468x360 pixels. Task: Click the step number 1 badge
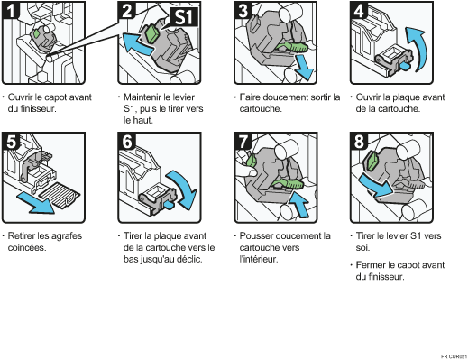(x=11, y=10)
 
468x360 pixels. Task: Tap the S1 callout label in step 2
(x=184, y=17)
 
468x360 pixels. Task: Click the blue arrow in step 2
(x=137, y=44)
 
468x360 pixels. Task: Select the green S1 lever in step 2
(x=151, y=33)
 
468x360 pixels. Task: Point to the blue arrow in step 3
(x=304, y=68)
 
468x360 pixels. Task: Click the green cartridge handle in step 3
(x=291, y=47)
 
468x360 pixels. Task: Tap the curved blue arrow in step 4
(x=418, y=48)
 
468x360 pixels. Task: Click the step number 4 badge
(x=359, y=10)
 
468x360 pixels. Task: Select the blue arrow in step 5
(x=35, y=203)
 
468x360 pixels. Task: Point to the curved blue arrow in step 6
(x=183, y=189)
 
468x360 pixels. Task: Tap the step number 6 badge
(x=127, y=141)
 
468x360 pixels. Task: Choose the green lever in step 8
(x=372, y=161)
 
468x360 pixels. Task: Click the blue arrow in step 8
(x=376, y=185)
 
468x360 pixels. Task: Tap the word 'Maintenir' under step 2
(x=142, y=97)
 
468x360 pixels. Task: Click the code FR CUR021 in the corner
(x=454, y=356)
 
